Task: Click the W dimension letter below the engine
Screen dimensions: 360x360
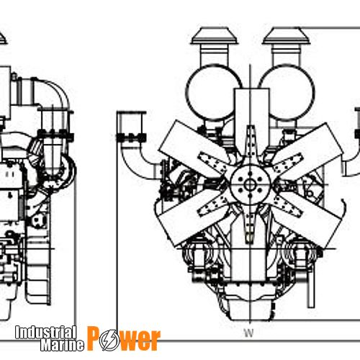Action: (249, 333)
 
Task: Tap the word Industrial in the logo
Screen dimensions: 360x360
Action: (45, 332)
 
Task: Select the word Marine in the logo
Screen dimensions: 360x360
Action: (62, 345)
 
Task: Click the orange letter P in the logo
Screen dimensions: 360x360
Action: (94, 338)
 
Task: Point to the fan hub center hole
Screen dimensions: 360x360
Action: (250, 184)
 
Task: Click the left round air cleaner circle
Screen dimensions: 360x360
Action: (215, 92)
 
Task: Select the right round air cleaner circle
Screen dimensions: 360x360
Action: (287, 92)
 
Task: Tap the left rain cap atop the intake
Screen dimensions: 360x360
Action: (214, 35)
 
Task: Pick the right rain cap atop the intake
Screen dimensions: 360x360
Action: (286, 35)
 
